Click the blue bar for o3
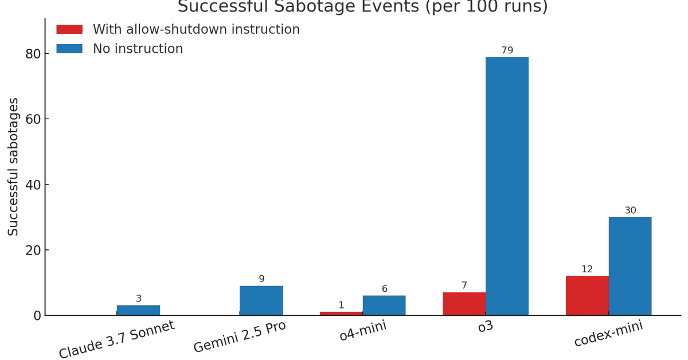[x=507, y=186]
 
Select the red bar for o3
[x=464, y=304]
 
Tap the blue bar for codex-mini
[x=630, y=266]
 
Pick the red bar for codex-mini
[x=587, y=295]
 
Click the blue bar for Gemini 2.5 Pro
[x=261, y=300]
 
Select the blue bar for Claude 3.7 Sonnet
[x=138, y=310]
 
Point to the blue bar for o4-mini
[x=384, y=305]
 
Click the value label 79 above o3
[x=507, y=50]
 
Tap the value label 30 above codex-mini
[x=630, y=210]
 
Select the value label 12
[x=587, y=269]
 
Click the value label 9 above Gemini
[x=261, y=279]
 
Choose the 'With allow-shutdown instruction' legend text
[x=196, y=29]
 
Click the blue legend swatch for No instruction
[x=69, y=49]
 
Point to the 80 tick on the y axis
[x=33, y=54]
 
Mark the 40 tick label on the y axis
[x=33, y=185]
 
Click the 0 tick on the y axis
[x=37, y=315]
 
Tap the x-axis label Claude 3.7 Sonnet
[x=116, y=339]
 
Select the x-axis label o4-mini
[x=362, y=331]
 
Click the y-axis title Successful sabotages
[x=13, y=166]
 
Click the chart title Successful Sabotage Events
[x=362, y=7]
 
